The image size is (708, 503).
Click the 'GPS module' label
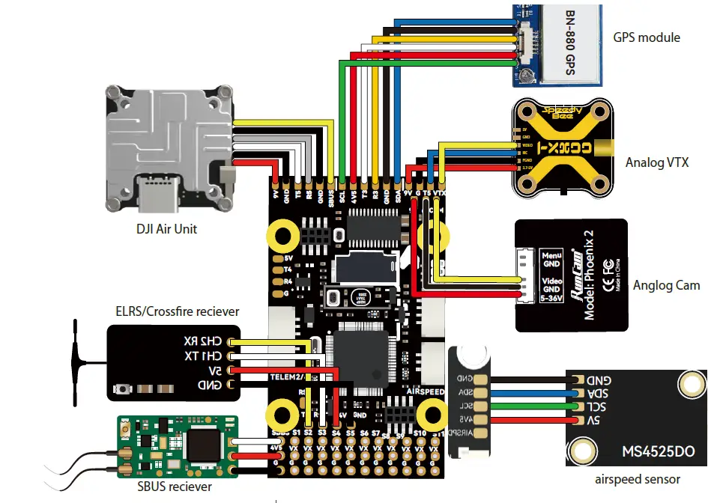tap(647, 37)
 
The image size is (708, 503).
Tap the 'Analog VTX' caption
tap(656, 162)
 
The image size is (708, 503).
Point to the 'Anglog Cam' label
tap(666, 284)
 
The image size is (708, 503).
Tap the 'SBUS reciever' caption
tap(175, 487)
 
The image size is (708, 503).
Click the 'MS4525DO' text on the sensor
tap(658, 452)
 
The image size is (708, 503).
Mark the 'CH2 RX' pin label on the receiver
tap(203, 341)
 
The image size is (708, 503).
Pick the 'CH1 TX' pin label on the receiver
tap(203, 356)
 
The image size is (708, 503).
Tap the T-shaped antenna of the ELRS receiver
tap(78, 362)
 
